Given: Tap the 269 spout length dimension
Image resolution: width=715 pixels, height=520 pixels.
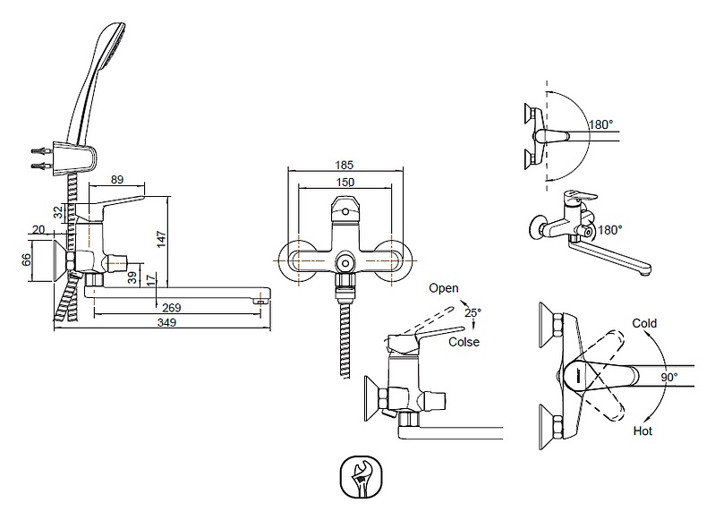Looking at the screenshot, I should (173, 308).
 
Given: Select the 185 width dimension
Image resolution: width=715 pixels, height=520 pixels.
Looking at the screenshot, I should (345, 166).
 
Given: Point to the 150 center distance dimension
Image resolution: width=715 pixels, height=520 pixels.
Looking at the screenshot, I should (345, 182).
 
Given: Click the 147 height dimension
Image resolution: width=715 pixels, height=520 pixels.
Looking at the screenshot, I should (161, 240).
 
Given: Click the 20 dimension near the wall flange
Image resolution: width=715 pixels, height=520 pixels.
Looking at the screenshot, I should (38, 230).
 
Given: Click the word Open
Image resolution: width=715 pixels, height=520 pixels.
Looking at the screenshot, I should (443, 288).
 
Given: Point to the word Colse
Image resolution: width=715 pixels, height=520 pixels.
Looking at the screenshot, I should (464, 342).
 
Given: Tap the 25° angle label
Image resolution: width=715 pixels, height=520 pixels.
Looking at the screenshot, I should (472, 312).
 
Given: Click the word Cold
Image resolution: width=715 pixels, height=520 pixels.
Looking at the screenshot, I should (644, 323).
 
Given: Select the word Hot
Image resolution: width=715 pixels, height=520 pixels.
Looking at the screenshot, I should (642, 431).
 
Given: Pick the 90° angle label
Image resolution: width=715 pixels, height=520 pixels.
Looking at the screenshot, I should (668, 378).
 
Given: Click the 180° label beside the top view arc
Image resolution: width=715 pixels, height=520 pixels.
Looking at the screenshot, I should (601, 125).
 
